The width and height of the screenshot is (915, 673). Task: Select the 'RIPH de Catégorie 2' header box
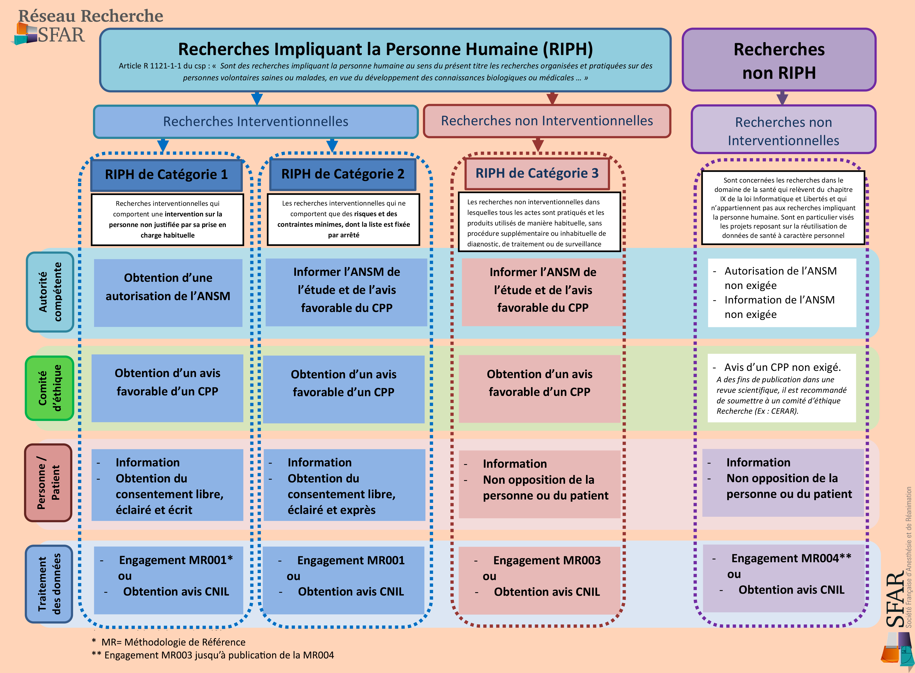pyautogui.click(x=343, y=174)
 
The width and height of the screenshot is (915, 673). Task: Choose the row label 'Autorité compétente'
pyautogui.click(x=50, y=292)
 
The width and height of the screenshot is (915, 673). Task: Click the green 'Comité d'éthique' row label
pyautogui.click(x=50, y=388)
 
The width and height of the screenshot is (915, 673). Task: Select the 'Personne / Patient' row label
pyautogui.click(x=48, y=483)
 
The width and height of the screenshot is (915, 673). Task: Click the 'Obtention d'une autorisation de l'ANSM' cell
pyautogui.click(x=168, y=293)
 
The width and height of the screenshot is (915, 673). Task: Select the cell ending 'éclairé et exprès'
pyautogui.click(x=344, y=485)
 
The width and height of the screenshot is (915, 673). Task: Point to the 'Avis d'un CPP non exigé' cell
pyautogui.click(x=781, y=388)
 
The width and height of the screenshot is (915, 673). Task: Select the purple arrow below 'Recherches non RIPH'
pyautogui.click(x=782, y=98)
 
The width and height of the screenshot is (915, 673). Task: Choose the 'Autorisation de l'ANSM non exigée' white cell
pyautogui.click(x=781, y=293)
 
